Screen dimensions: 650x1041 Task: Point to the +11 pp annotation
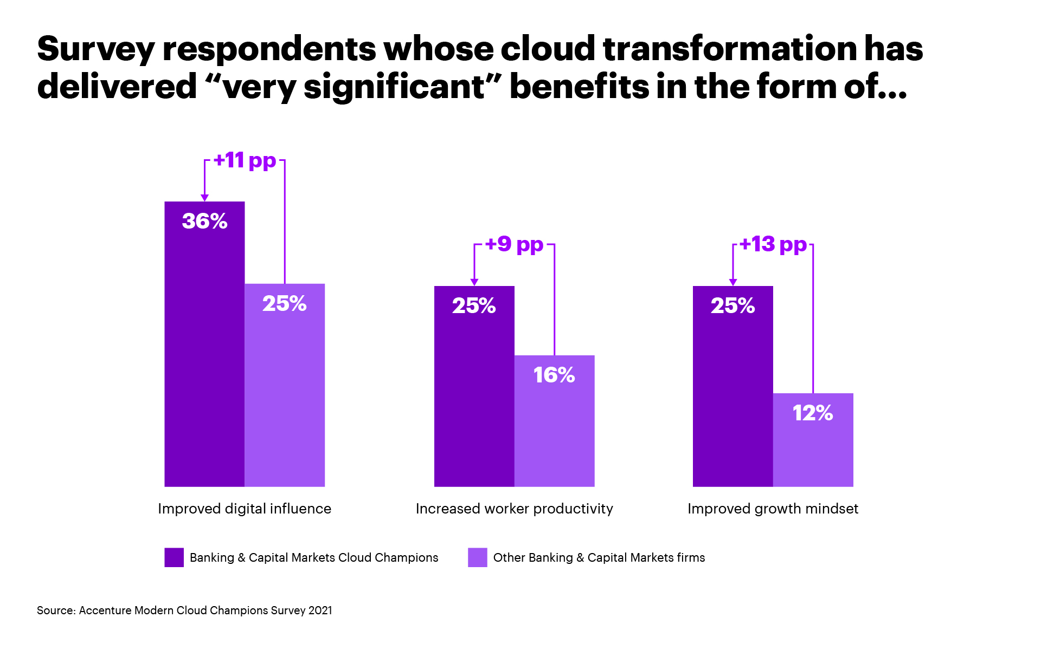(245, 160)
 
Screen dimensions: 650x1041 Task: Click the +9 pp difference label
(514, 244)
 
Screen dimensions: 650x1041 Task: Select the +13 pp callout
(773, 244)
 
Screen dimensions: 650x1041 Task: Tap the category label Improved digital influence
(245, 509)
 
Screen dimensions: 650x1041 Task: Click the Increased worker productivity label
(514, 509)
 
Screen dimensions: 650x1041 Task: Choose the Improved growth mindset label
(773, 509)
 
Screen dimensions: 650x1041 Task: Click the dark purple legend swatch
(174, 557)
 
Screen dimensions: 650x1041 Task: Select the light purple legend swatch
(477, 557)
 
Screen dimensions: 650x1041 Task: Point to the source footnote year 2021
(320, 610)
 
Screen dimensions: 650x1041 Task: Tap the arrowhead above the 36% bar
(204, 198)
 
